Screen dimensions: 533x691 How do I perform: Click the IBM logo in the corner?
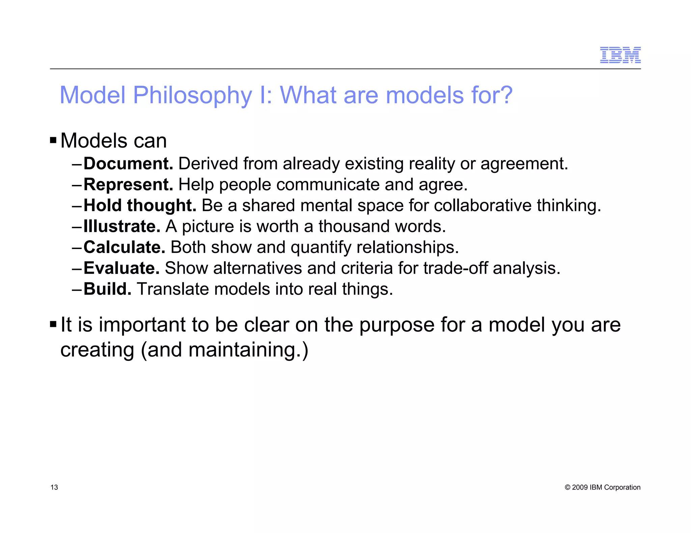(620, 55)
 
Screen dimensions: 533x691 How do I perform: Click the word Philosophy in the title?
(192, 95)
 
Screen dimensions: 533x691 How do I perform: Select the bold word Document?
(128, 164)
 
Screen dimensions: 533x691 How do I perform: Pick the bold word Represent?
(128, 185)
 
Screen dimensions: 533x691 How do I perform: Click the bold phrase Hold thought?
(140, 206)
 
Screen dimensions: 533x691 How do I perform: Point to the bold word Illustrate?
(122, 226)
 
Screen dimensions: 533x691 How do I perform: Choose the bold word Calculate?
(124, 247)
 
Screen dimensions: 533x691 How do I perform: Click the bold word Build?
(107, 289)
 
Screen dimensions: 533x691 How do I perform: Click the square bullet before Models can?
(53, 140)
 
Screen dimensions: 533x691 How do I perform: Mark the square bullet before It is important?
(53, 324)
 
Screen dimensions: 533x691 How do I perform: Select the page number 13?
(54, 488)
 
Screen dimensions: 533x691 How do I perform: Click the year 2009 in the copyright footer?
(580, 488)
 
